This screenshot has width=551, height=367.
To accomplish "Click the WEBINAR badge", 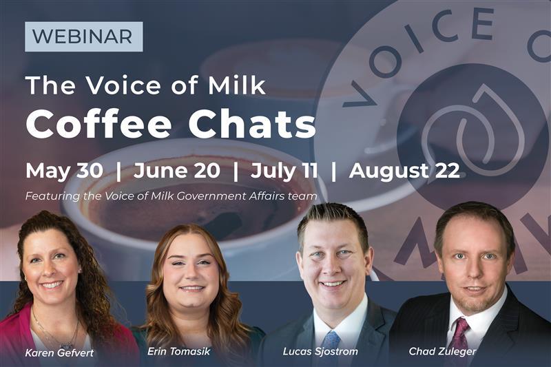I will (83, 36).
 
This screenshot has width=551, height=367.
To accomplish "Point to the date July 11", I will (283, 171).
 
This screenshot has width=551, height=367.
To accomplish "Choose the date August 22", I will (404, 171).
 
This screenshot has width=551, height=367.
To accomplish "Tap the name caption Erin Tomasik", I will (178, 351).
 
